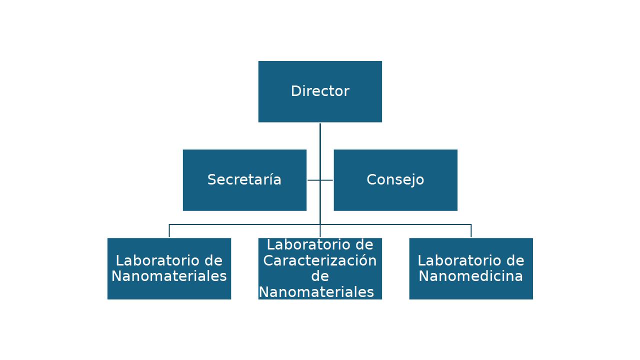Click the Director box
[320, 91]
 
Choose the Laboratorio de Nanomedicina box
[471, 287]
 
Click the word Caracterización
[320, 260]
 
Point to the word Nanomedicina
[471, 276]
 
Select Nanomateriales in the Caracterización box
[316, 292]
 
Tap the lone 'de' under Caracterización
[320, 276]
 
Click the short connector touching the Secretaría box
[313, 180]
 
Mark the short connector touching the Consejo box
[327, 180]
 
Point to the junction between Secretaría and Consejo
[320, 180]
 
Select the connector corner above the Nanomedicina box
[471, 224]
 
